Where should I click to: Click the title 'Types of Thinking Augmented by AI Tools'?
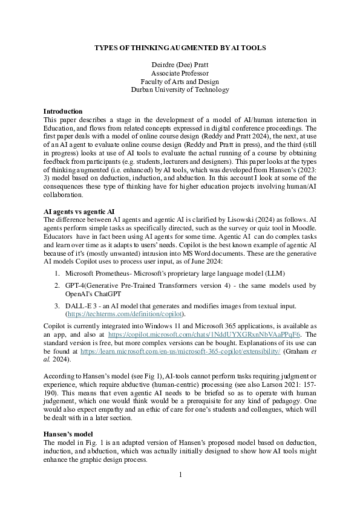coord(180,47)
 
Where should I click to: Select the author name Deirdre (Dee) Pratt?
coord(180,65)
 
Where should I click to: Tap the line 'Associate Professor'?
coord(180,73)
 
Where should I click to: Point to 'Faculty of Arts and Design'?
coord(180,82)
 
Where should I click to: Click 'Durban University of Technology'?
coord(180,90)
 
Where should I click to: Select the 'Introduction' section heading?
coord(63,111)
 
